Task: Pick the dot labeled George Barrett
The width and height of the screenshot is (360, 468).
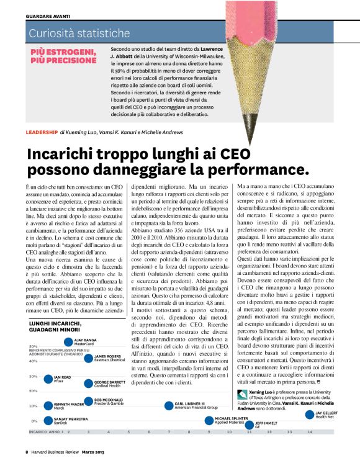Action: (x=89, y=383)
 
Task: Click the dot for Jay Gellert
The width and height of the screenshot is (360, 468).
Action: (x=310, y=414)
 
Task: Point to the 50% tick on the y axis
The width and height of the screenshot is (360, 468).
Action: (x=34, y=346)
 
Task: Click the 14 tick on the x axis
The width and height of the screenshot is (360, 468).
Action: (x=309, y=431)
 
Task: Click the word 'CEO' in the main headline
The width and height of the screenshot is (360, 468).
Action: (x=220, y=155)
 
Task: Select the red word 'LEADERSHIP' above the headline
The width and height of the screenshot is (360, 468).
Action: (x=42, y=132)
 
